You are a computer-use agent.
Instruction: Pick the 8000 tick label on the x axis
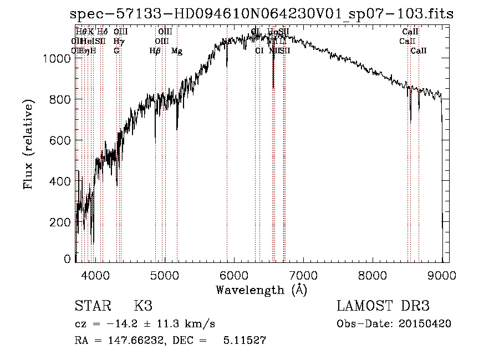click(x=372, y=275)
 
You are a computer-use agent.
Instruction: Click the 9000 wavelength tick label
click(x=441, y=275)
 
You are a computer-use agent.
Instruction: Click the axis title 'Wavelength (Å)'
click(x=261, y=289)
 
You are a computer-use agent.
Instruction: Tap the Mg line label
click(x=177, y=51)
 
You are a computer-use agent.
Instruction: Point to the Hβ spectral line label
click(x=155, y=51)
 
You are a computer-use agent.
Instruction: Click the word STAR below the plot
click(x=92, y=306)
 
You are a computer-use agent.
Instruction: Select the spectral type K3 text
click(x=142, y=306)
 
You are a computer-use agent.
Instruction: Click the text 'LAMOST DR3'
click(x=383, y=306)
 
